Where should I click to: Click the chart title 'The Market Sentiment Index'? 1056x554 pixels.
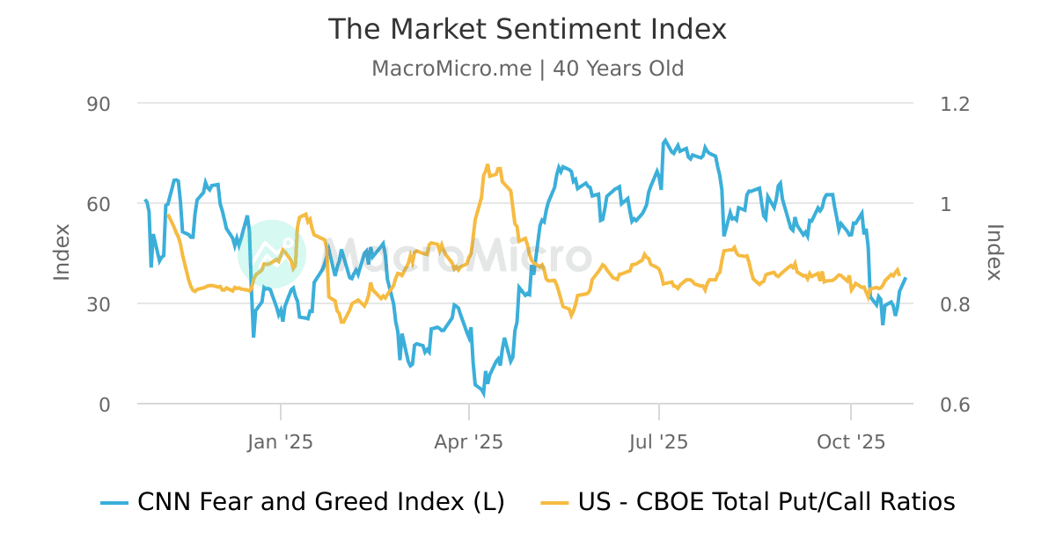(x=527, y=29)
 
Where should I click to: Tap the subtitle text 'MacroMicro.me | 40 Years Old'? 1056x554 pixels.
(x=527, y=69)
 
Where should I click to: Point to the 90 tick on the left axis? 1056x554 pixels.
(x=99, y=104)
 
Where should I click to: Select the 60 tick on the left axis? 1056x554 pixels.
(x=99, y=204)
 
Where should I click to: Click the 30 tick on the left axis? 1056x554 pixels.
(x=99, y=304)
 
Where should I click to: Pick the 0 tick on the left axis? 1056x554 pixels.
(x=105, y=405)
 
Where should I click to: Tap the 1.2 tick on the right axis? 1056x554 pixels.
(x=955, y=104)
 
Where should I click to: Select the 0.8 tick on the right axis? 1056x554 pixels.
(x=955, y=304)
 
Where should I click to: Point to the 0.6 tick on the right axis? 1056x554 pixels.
(x=955, y=405)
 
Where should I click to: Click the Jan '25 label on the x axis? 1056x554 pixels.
(x=281, y=441)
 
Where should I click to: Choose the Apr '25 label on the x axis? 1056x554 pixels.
(x=469, y=441)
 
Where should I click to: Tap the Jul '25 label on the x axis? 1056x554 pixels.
(x=658, y=441)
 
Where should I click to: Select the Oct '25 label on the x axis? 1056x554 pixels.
(x=851, y=441)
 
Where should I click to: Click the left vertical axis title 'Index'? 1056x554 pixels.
(x=62, y=252)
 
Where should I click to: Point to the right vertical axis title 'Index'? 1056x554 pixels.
(x=994, y=252)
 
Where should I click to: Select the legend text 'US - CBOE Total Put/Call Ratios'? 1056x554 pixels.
(x=766, y=502)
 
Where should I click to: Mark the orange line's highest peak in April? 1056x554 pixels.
(x=488, y=164)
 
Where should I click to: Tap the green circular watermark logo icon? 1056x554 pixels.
(x=271, y=253)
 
